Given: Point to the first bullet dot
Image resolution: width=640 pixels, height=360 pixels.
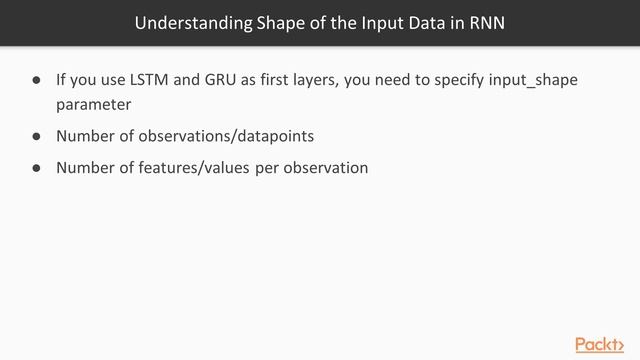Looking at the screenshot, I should [x=35, y=80].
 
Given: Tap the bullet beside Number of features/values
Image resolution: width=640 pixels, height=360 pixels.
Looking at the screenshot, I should [x=35, y=168].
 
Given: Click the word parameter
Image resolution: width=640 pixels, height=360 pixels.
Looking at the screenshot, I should [x=93, y=103].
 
